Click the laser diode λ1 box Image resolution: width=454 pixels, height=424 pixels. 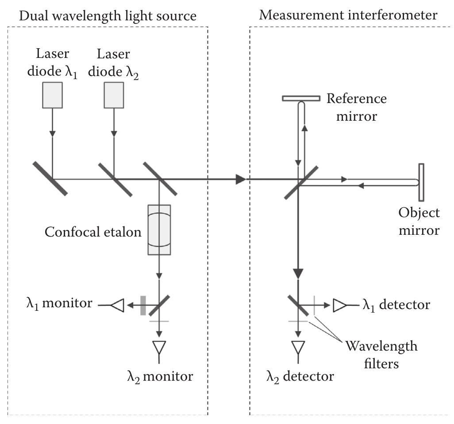point(52,95)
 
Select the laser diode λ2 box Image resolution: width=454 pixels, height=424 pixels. point(114,95)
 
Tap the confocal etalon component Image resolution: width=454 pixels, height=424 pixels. point(159,229)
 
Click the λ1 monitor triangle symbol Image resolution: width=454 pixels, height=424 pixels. point(119,305)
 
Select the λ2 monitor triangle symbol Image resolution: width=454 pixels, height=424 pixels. point(159,348)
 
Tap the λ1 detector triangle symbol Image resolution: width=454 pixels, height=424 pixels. point(339,305)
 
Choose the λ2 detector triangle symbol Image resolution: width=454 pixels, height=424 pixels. point(299,348)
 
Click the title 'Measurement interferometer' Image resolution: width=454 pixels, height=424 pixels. point(348,15)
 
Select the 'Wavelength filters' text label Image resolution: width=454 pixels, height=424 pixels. point(381,355)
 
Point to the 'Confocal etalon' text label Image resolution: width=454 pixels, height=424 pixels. point(93,232)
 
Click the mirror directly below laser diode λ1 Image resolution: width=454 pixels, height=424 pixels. point(50,179)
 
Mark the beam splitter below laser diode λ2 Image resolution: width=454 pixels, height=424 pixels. point(115,179)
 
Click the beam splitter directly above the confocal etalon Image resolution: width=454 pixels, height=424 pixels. point(160,179)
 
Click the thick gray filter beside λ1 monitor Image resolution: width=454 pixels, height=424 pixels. point(143,305)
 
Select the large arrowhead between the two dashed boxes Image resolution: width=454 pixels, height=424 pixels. point(240,179)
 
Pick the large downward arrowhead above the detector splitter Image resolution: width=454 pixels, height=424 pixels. point(299,273)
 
